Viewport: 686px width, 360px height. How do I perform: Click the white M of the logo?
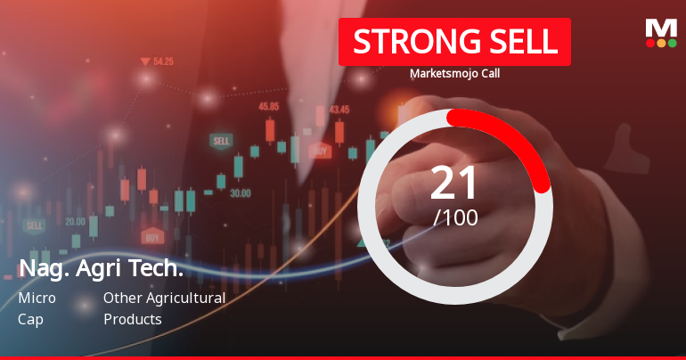point(661,28)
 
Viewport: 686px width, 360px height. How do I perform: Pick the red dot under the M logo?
point(650,43)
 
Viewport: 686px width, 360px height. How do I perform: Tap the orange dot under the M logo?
point(661,43)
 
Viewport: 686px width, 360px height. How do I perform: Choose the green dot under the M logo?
point(672,43)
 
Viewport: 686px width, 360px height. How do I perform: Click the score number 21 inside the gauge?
point(454,183)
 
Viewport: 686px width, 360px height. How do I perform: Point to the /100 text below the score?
point(454,217)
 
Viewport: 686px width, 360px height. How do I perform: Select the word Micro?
point(37,298)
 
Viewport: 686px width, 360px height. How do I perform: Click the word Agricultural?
point(184,298)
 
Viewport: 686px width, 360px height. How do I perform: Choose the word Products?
point(132,318)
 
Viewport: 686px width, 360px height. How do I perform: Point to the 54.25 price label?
point(163,61)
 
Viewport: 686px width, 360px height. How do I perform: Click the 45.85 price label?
point(268,106)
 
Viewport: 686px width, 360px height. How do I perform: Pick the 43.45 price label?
point(339,110)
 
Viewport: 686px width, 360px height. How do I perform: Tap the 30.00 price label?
point(240,192)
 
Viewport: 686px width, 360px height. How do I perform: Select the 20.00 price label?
point(75,221)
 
